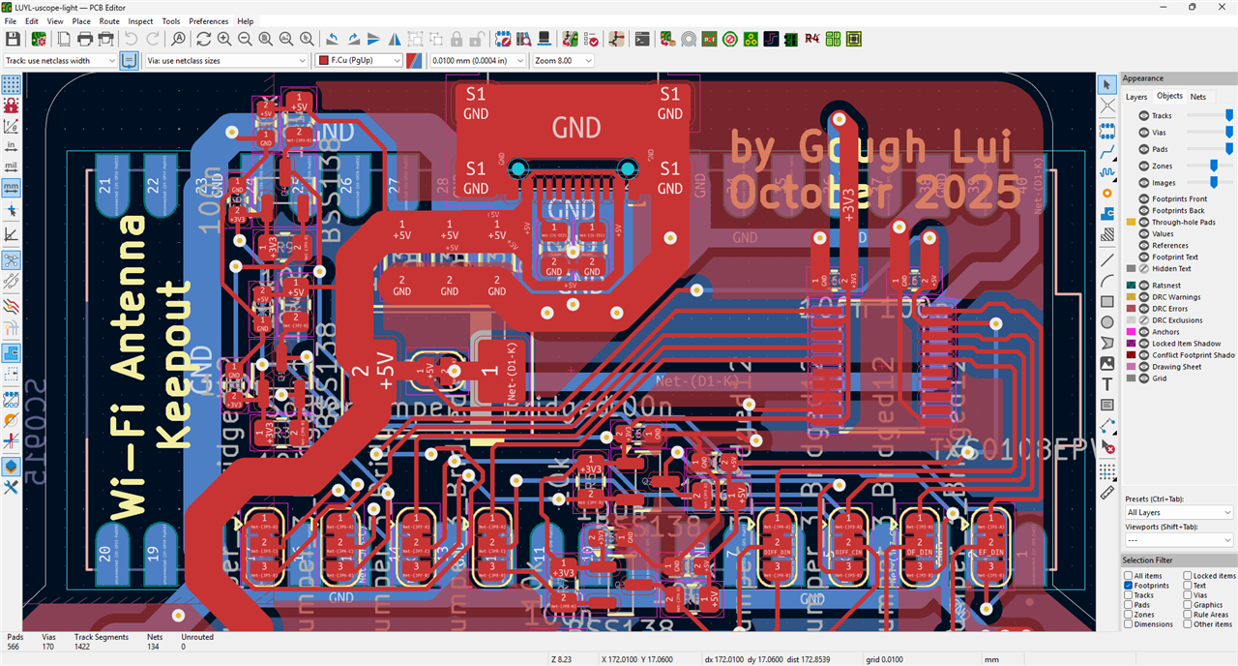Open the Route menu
click(x=109, y=20)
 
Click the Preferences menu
click(x=208, y=20)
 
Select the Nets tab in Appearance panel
click(x=1197, y=97)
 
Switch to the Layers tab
click(x=1136, y=97)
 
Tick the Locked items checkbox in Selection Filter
click(x=1187, y=576)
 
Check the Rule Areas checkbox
click(x=1187, y=615)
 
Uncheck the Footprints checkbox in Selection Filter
click(x=1129, y=586)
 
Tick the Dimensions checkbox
click(x=1129, y=624)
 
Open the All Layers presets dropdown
click(x=1179, y=512)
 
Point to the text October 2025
click(x=874, y=195)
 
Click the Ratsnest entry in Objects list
click(x=1166, y=286)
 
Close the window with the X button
click(x=1220, y=7)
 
